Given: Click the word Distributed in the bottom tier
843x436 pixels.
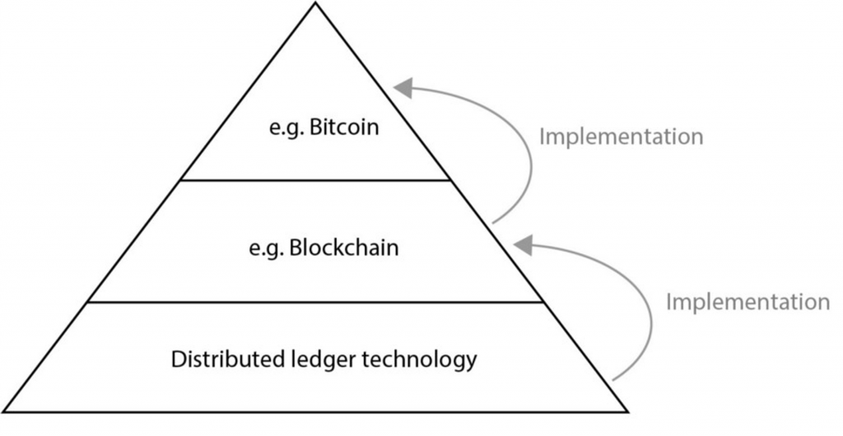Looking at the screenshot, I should (216, 359).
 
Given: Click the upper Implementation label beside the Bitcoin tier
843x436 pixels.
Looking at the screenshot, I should (621, 136).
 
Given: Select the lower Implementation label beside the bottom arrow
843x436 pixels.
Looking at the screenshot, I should (748, 302).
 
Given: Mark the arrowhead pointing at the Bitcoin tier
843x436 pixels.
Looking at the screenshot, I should (403, 86).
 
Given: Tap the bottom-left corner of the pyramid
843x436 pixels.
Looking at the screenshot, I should (5, 410).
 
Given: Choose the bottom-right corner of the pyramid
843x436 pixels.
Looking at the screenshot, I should (628, 410).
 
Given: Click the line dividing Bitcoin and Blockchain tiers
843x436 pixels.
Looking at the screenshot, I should (315, 179).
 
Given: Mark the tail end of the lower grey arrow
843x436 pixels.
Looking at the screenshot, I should (614, 380).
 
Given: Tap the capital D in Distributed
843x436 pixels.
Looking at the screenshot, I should (177, 359).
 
